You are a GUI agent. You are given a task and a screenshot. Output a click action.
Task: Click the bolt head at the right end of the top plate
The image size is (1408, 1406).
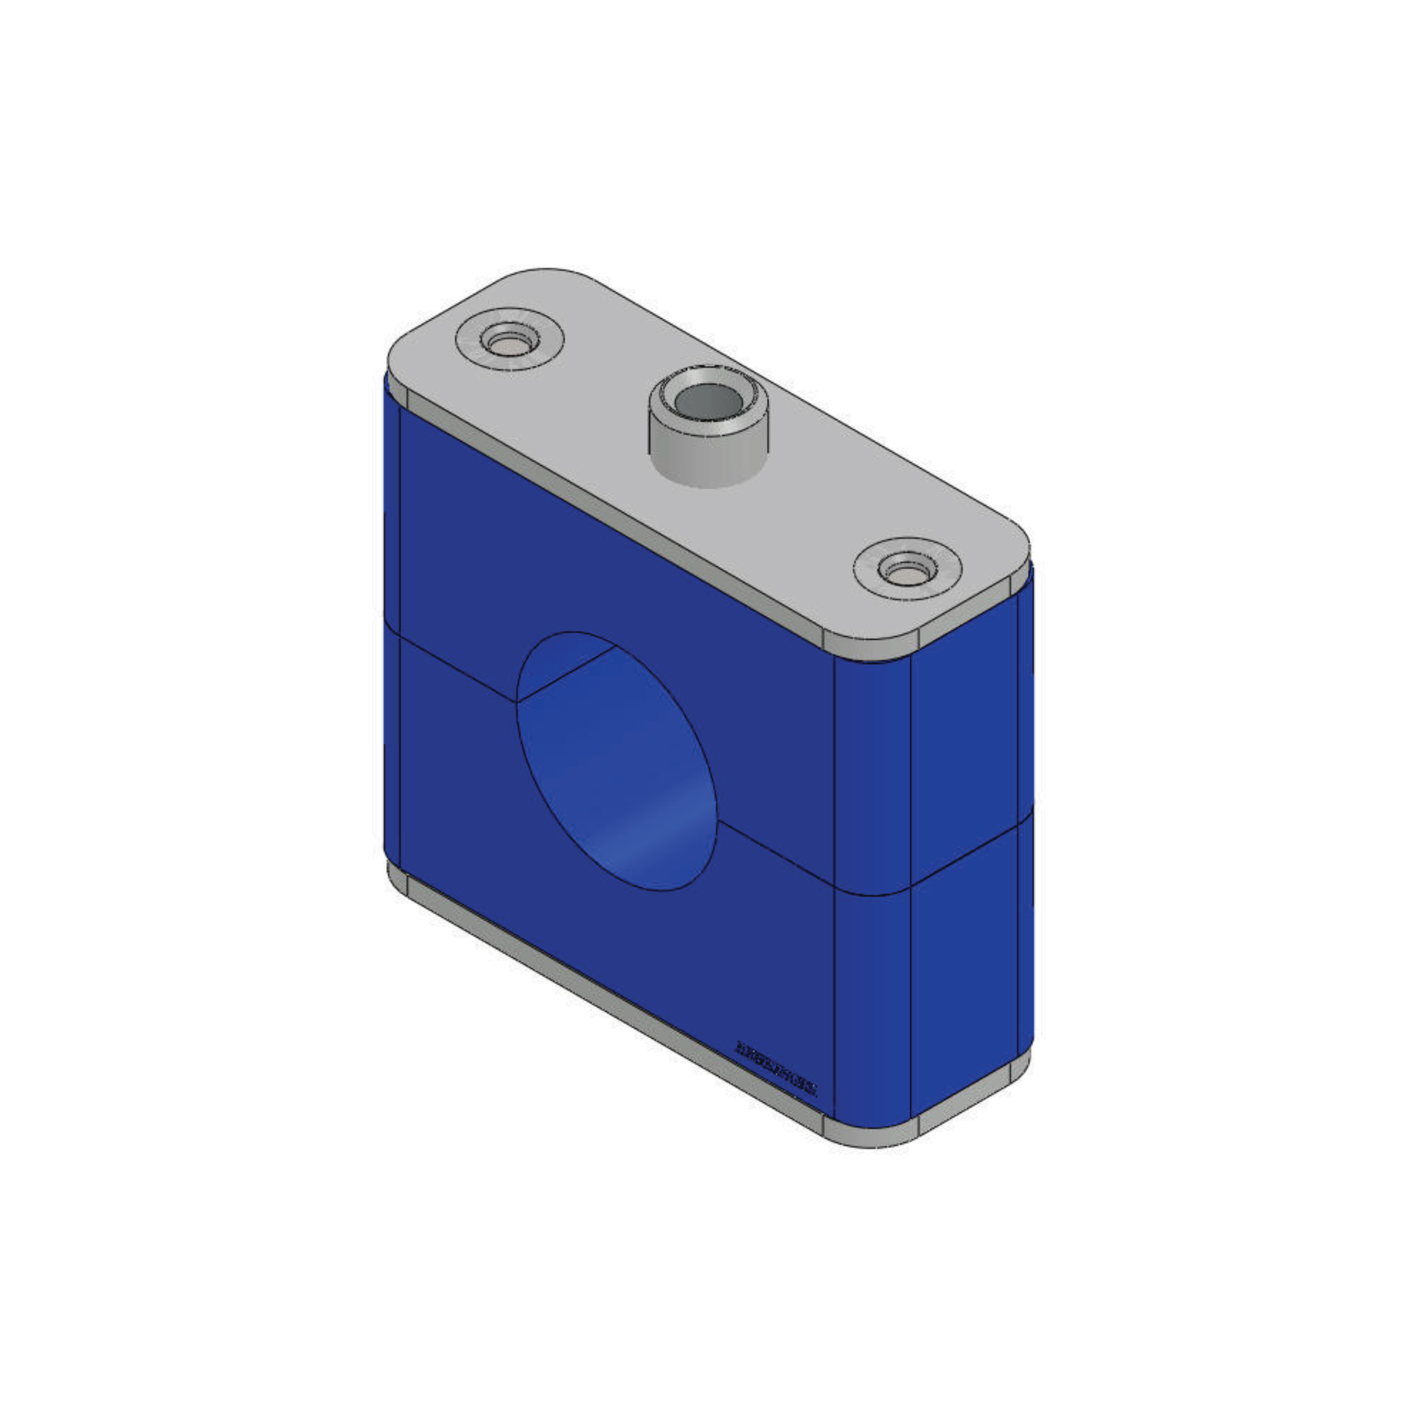point(907,570)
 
